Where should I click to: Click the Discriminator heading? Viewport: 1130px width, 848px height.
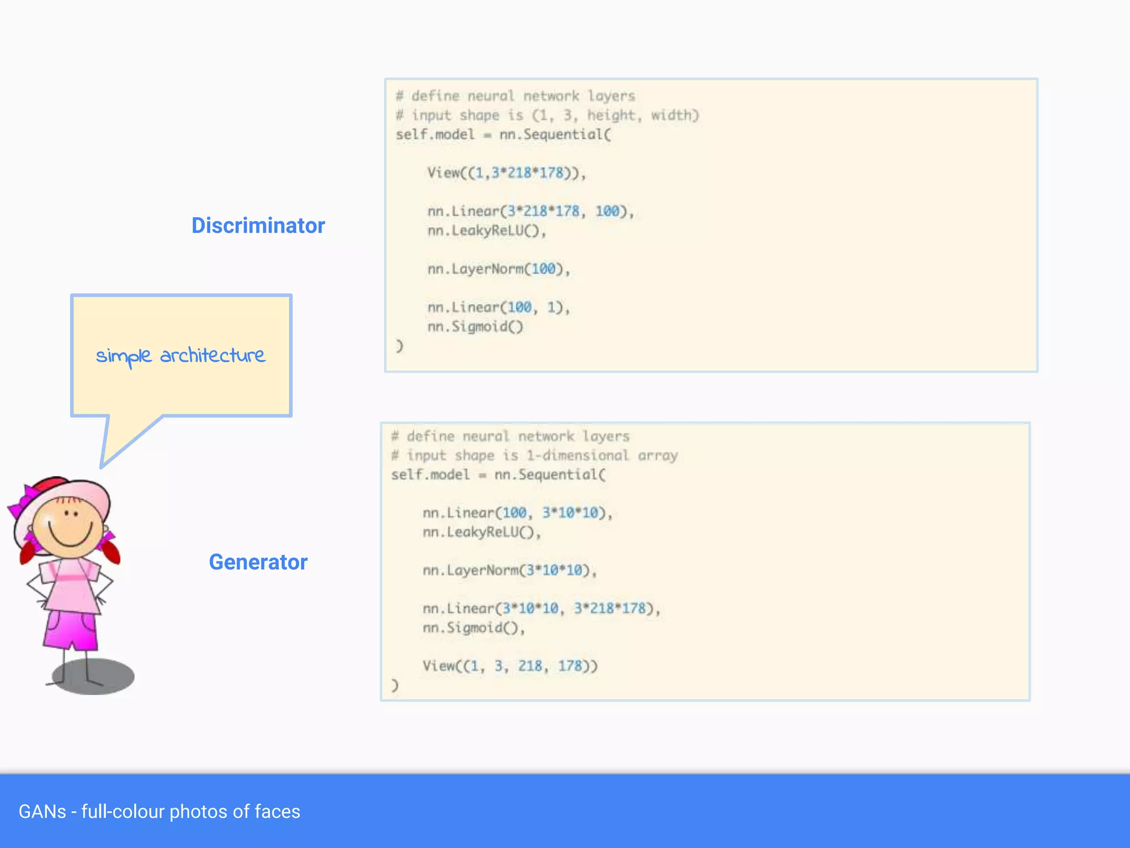258,225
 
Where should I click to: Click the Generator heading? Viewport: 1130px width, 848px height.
258,562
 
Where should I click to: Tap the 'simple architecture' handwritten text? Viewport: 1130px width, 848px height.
180,356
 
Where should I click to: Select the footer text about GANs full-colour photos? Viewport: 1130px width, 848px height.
159,812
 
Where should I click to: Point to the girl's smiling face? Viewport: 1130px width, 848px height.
70,527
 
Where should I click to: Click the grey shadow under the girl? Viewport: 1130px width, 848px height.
94,677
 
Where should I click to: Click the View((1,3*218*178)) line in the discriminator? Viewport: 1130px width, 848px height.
506,173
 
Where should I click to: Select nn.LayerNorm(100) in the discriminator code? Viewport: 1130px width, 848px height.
498,269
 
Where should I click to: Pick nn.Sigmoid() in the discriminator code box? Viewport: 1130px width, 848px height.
475,327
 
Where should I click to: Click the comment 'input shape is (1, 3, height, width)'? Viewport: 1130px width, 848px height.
547,115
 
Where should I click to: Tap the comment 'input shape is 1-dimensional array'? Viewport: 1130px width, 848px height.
534,455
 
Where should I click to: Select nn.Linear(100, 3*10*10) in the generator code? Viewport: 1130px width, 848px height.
517,513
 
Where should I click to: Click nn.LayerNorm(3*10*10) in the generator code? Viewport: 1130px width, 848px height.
509,570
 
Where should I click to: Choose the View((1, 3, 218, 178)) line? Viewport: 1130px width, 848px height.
510,666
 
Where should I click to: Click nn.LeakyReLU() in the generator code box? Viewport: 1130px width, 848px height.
481,532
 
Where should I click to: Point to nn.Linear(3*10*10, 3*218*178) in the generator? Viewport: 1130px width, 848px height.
541,608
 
